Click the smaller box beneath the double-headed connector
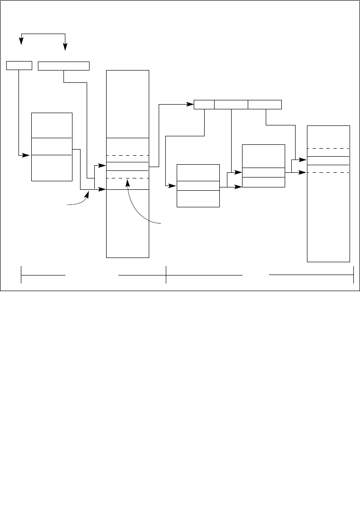19,65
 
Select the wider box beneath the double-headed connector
63,65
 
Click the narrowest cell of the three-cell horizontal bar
204,104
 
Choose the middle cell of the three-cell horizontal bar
231,104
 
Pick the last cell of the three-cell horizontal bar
265,104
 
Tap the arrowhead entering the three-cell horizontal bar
191,104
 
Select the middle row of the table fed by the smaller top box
52,146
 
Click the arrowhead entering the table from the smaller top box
28,155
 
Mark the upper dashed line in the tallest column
128,155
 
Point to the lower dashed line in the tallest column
128,178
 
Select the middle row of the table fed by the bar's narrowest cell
198,186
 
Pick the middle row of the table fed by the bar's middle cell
263,172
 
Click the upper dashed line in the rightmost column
328,148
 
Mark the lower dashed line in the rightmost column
328,173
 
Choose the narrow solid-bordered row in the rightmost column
328,160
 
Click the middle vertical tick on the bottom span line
166,275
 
